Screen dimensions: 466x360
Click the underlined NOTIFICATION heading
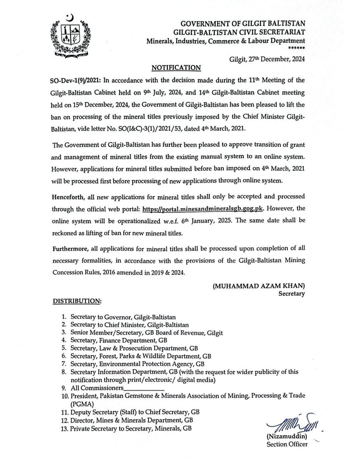pyautogui.click(x=176, y=68)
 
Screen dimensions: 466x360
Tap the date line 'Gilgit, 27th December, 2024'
pyautogui.click(x=267, y=59)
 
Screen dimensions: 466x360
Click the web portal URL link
pyautogui.click(x=203, y=208)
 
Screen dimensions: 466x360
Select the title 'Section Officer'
pyautogui.click(x=287, y=444)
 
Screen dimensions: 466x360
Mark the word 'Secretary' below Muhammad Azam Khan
pyautogui.click(x=292, y=294)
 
